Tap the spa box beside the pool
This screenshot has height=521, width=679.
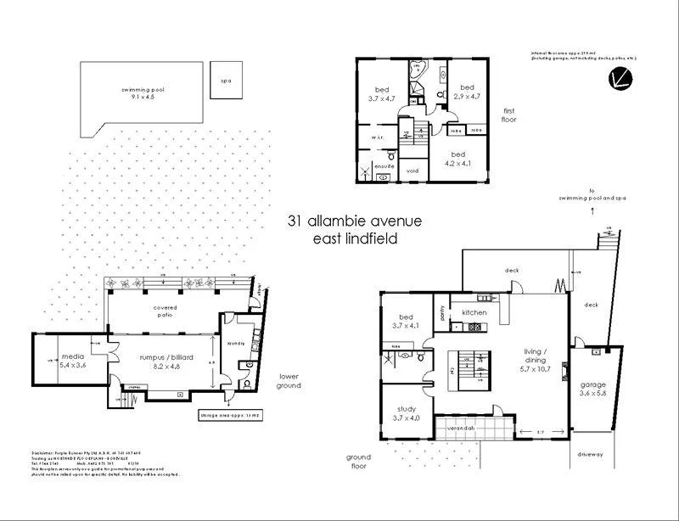(225, 81)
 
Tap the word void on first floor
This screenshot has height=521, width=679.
(412, 171)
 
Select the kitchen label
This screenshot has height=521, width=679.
(473, 313)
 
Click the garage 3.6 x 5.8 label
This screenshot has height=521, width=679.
(593, 389)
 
